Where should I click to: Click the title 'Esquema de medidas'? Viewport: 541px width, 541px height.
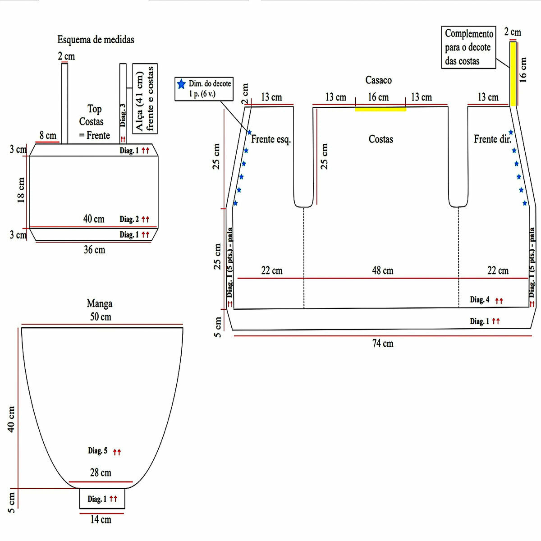[96, 40]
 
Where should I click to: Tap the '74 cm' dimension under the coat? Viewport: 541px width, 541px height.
[383, 344]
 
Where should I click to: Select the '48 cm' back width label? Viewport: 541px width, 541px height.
[383, 270]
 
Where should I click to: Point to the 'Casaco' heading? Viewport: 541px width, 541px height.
[378, 80]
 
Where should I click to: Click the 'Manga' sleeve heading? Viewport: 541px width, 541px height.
[100, 303]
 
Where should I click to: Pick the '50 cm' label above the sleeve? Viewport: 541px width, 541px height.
[101, 316]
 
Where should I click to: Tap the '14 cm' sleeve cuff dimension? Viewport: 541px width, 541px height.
[101, 519]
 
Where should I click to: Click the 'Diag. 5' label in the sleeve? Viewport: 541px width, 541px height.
[98, 450]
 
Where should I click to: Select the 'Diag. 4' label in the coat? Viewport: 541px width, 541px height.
[480, 299]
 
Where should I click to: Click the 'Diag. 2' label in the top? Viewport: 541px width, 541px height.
[129, 219]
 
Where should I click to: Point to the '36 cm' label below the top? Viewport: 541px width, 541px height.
[94, 250]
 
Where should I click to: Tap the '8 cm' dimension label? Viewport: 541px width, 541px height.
[48, 135]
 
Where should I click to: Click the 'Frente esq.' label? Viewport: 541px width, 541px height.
[271, 139]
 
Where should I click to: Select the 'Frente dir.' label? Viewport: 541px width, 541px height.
[493, 139]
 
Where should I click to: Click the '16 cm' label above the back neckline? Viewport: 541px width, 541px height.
[378, 97]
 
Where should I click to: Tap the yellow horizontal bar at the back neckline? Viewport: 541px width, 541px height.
[381, 109]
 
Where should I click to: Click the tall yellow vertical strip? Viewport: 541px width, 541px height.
[513, 74]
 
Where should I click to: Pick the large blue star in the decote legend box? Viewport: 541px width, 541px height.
[181, 84]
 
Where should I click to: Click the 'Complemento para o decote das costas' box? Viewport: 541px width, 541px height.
[468, 47]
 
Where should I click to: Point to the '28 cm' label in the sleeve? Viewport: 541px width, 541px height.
[101, 472]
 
